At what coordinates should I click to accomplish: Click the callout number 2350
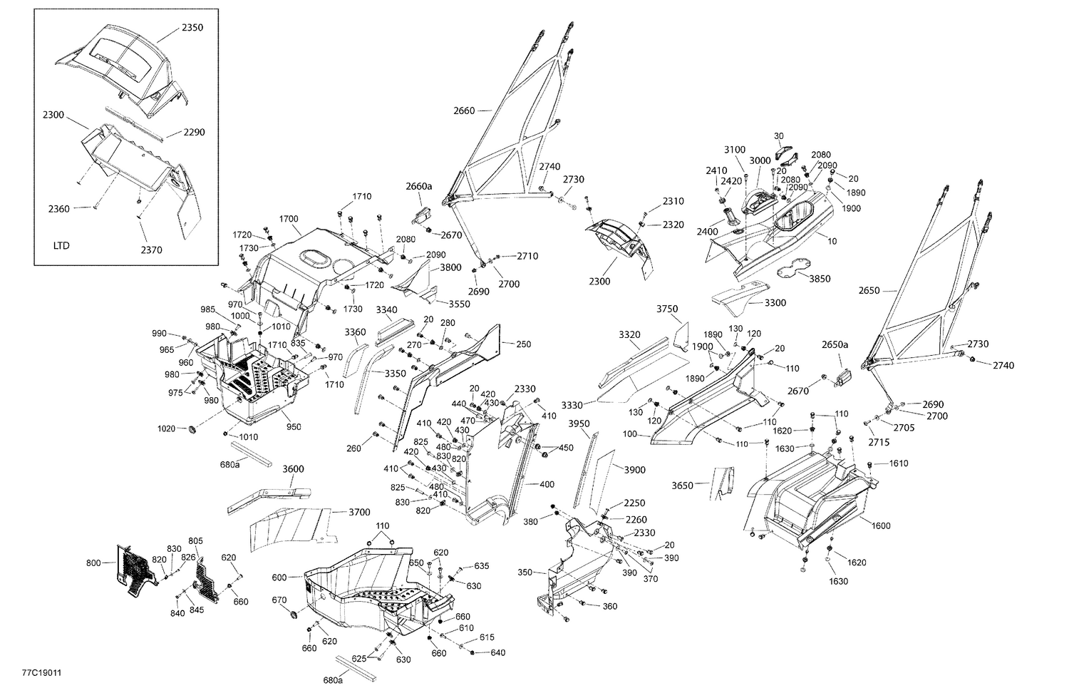pyautogui.click(x=192, y=28)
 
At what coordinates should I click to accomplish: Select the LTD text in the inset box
pyautogui.click(x=61, y=245)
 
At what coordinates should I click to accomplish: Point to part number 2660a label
pyautogui.click(x=419, y=186)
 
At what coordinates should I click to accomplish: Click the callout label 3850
pyautogui.click(x=820, y=279)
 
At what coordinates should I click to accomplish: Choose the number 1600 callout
pyautogui.click(x=880, y=525)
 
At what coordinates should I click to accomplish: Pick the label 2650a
pyautogui.click(x=835, y=344)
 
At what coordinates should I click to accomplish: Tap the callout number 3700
pyautogui.click(x=359, y=512)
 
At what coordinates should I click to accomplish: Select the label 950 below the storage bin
pyautogui.click(x=294, y=427)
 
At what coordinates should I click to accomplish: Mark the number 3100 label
pyautogui.click(x=735, y=150)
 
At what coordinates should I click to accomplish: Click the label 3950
pyautogui.click(x=579, y=424)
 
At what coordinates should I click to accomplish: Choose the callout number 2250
pyautogui.click(x=634, y=503)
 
